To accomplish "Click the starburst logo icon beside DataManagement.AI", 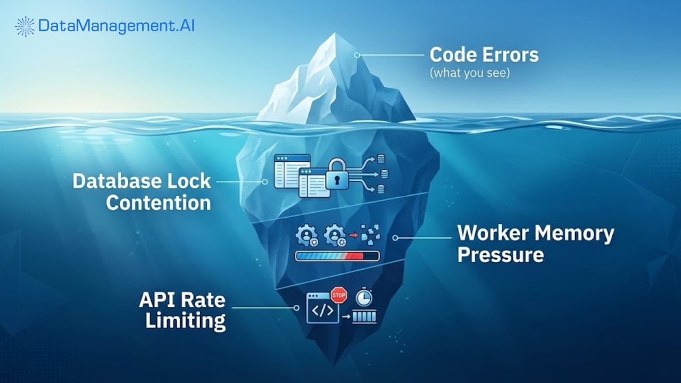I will [x=25, y=26].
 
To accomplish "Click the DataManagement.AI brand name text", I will [x=117, y=26].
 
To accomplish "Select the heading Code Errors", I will [x=484, y=55].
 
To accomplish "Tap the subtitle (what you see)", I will [x=469, y=73].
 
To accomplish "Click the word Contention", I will [x=159, y=203].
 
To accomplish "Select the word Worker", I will [x=491, y=233].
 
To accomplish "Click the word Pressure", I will [x=500, y=255].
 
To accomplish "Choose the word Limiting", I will [x=185, y=321].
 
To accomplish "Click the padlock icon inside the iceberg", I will [x=337, y=174].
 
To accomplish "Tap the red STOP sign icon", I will [x=338, y=294].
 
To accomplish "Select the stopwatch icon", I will [x=364, y=297].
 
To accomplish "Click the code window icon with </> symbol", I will [x=322, y=310].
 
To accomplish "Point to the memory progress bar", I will [x=337, y=256].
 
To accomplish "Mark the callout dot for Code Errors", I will [x=358, y=55].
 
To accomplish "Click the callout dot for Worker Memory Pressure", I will [x=395, y=238].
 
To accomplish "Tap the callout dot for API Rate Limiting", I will [x=296, y=307].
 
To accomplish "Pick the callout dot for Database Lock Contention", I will [x=265, y=181].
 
